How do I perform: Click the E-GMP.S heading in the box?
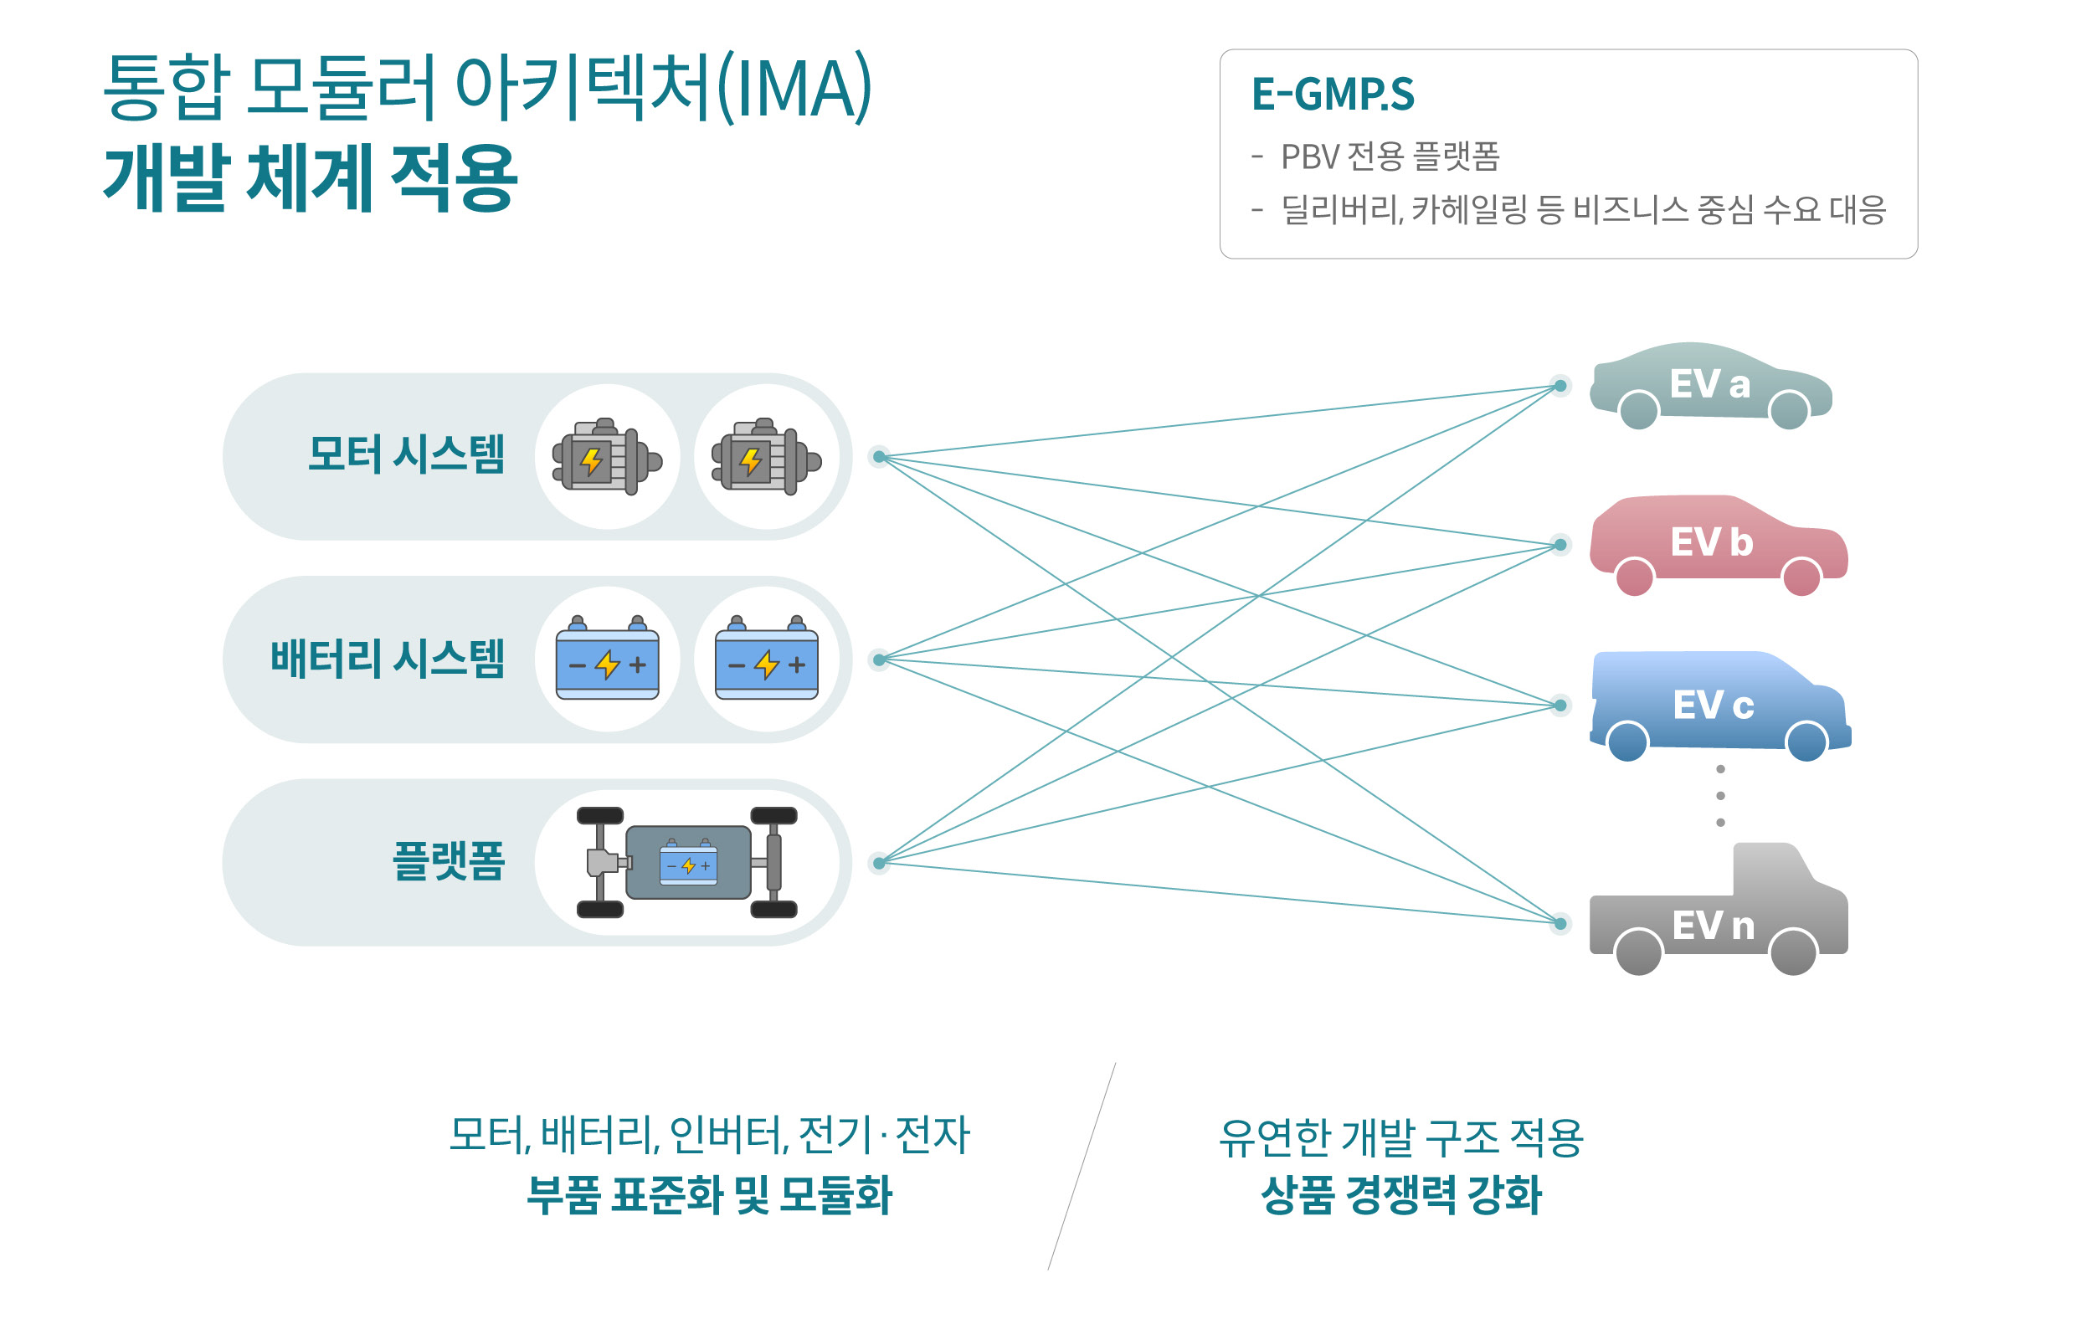coord(1332,95)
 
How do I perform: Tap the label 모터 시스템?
coord(405,454)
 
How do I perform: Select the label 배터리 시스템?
coord(387,659)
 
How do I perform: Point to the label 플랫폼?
coord(448,861)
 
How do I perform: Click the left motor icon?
coord(607,457)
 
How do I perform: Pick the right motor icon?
coord(766,457)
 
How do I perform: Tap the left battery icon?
coord(607,659)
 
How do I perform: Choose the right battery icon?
coord(766,659)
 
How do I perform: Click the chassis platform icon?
coord(687,861)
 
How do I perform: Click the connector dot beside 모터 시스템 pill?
coord(878,457)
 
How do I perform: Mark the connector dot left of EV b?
coord(1560,545)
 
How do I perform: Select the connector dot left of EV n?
coord(1560,924)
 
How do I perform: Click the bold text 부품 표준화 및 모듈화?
coord(709,1195)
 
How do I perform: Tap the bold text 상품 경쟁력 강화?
coord(1401,1195)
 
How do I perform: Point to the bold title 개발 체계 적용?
coord(311,177)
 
